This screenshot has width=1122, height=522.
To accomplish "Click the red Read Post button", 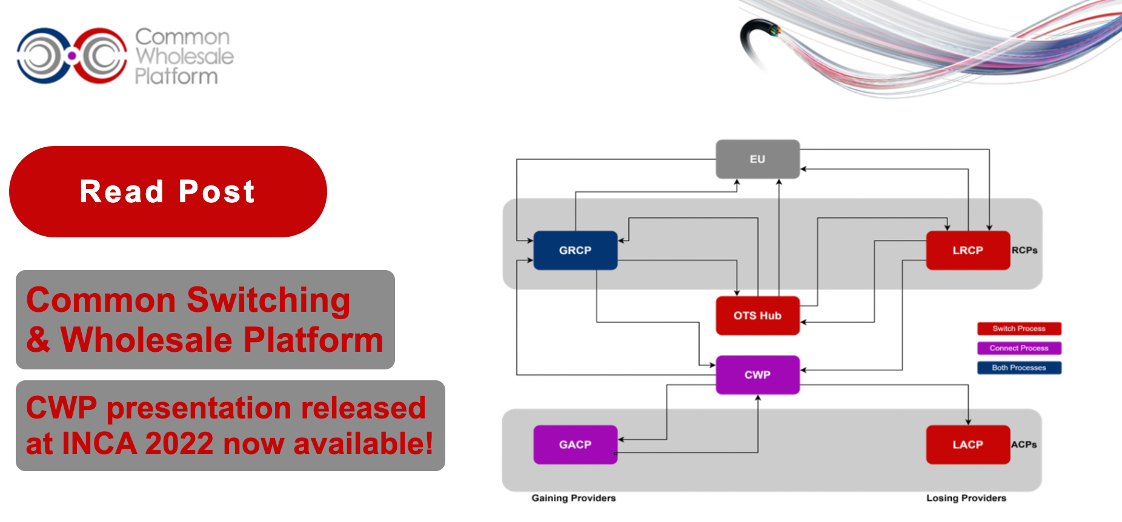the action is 168,191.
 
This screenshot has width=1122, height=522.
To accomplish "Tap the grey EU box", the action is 757,159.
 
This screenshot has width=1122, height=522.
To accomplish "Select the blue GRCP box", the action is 575,250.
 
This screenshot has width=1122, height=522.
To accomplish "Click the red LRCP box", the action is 968,250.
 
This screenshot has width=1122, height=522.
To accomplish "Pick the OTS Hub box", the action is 757,316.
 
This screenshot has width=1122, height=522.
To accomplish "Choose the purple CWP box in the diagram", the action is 757,375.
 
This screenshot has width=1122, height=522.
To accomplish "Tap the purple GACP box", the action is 575,444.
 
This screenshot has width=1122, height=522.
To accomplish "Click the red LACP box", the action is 968,444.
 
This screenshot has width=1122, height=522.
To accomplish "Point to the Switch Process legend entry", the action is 1019,329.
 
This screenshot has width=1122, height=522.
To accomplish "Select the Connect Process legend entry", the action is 1019,348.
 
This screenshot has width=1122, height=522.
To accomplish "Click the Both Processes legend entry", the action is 1019,368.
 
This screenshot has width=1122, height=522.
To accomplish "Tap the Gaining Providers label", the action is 574,498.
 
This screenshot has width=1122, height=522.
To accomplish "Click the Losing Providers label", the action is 966,498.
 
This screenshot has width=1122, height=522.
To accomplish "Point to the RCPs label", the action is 1024,250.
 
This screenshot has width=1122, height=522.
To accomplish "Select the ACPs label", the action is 1024,444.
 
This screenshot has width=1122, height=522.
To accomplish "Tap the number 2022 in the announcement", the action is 179,443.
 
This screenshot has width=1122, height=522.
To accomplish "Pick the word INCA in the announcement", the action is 99,443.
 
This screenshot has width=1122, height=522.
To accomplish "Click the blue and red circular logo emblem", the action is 72,56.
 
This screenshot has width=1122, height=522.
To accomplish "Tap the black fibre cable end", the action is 757,36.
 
